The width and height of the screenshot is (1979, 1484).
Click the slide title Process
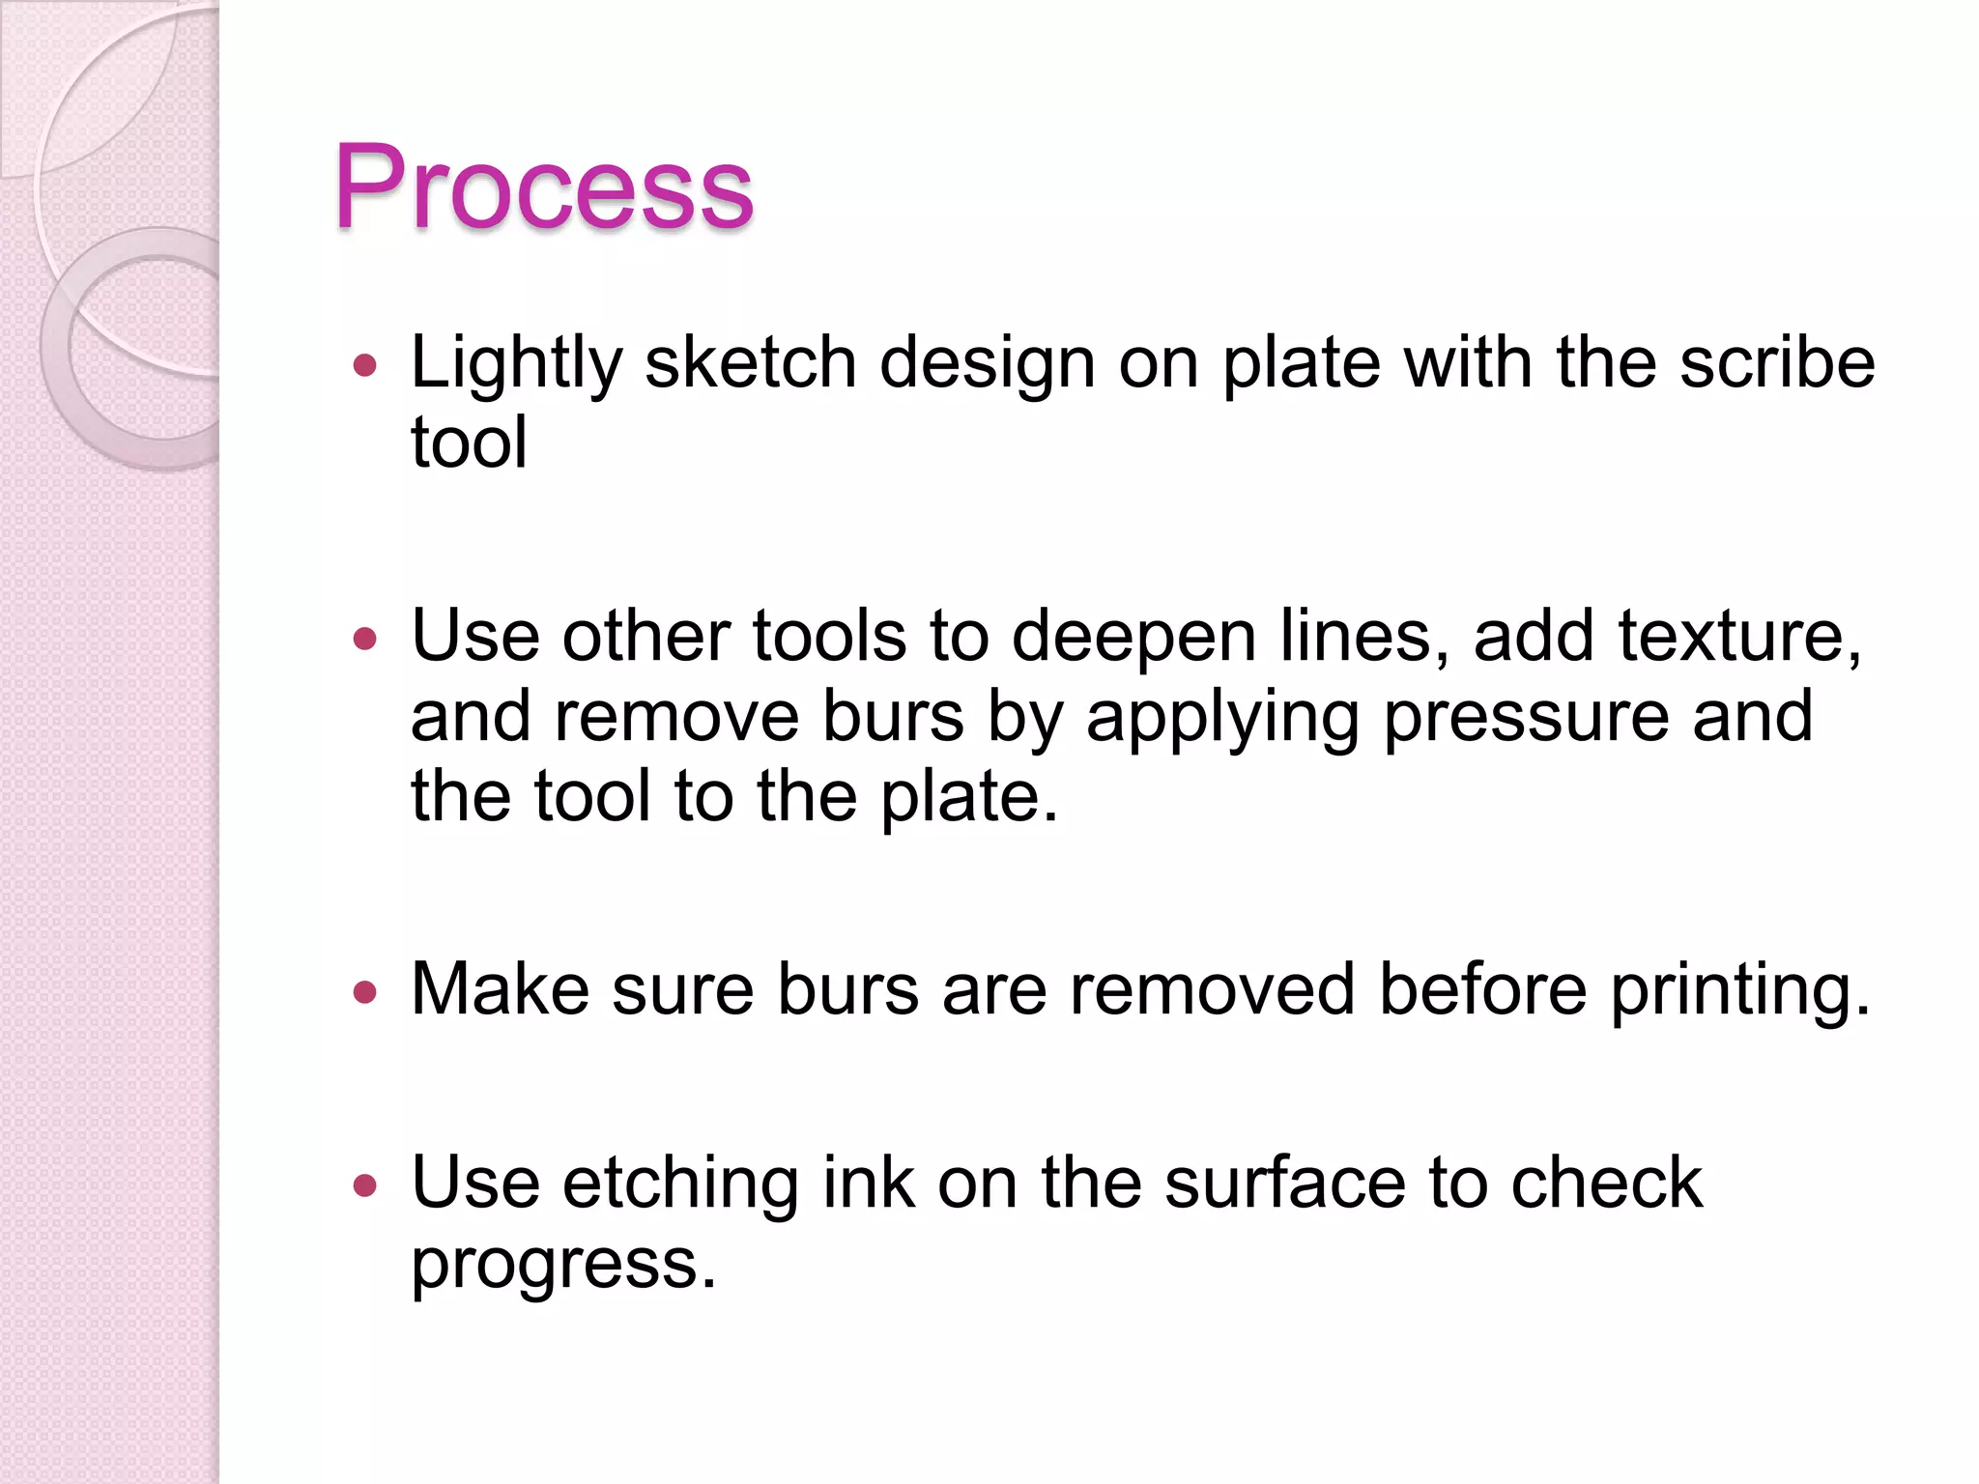tap(543, 187)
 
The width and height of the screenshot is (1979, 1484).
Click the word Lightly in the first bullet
tap(516, 364)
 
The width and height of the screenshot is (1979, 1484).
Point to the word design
tap(988, 364)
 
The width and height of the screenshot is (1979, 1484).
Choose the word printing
tap(1739, 991)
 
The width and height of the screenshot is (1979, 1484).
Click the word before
tap(1482, 989)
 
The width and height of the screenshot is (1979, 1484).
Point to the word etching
tap(680, 1184)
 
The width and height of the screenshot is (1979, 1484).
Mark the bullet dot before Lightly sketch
tap(364, 365)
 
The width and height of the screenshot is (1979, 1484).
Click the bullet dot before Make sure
tap(364, 991)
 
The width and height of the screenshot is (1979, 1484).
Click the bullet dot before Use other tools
tap(364, 639)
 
